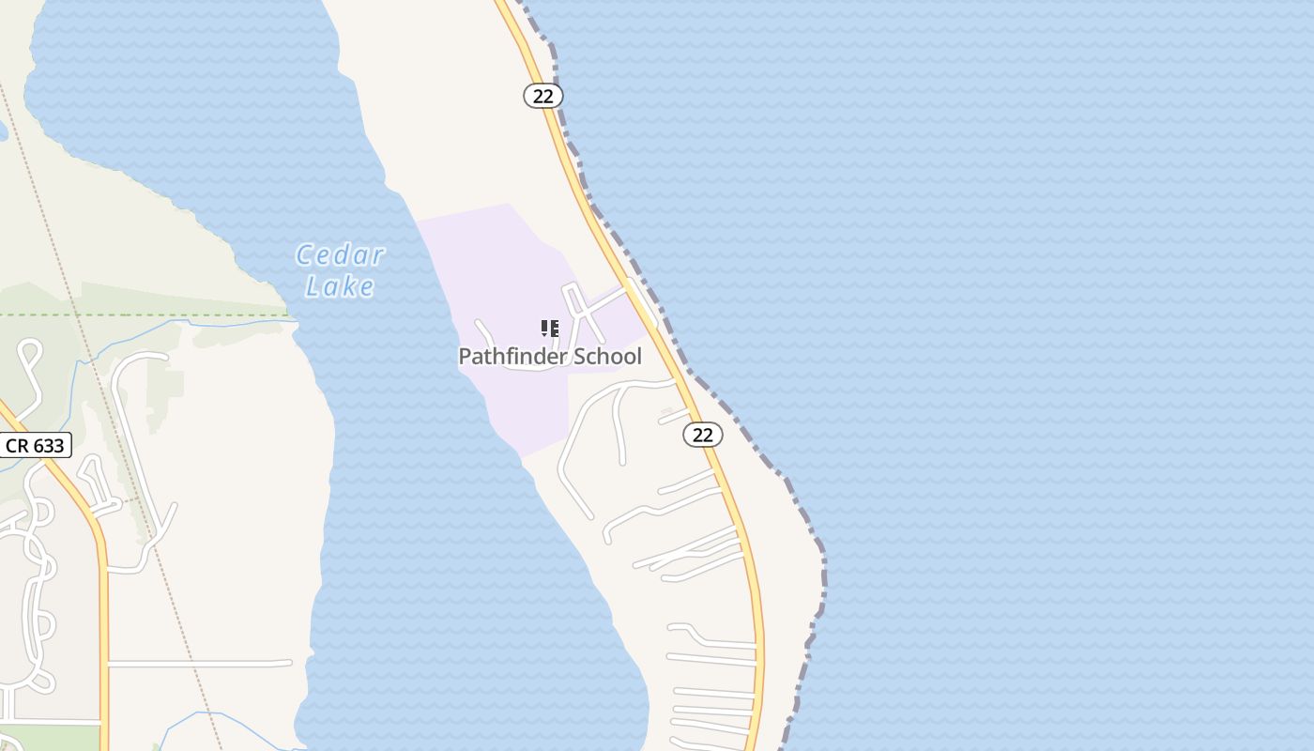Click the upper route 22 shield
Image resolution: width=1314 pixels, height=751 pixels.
click(x=542, y=96)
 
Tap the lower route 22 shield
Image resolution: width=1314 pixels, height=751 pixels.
click(x=702, y=434)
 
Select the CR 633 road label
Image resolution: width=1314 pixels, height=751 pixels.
click(x=36, y=445)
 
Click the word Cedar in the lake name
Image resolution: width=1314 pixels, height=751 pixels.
click(x=340, y=255)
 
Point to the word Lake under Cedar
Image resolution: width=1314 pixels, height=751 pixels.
click(x=340, y=286)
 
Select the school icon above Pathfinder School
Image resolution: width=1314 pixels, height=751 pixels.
click(x=549, y=329)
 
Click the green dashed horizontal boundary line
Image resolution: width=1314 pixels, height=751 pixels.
click(x=141, y=314)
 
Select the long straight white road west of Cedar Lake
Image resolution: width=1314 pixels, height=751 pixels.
click(x=197, y=664)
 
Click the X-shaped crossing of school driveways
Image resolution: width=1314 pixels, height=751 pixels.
click(x=584, y=310)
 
